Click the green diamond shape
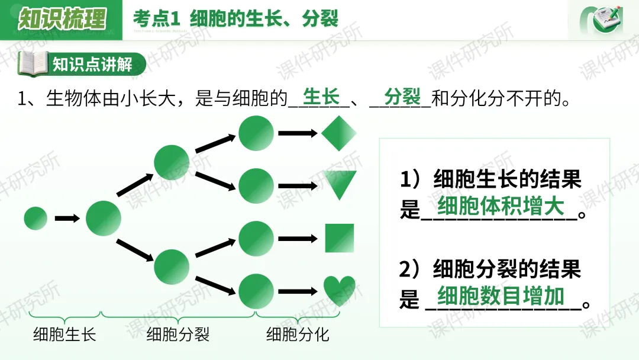[339, 133]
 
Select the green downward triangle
[340, 184]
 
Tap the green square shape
[340, 238]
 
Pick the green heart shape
[340, 290]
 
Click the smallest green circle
[35, 218]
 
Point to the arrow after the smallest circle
[67, 218]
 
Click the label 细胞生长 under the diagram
[64, 335]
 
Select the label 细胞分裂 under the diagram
[178, 335]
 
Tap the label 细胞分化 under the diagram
[298, 335]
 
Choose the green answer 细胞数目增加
[501, 295]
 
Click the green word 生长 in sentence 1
[321, 96]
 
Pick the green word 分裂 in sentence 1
[402, 96]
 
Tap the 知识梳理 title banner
[62, 20]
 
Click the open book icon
[33, 64]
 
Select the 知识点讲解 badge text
[93, 64]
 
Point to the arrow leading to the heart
[298, 291]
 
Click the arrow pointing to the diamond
[298, 133]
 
